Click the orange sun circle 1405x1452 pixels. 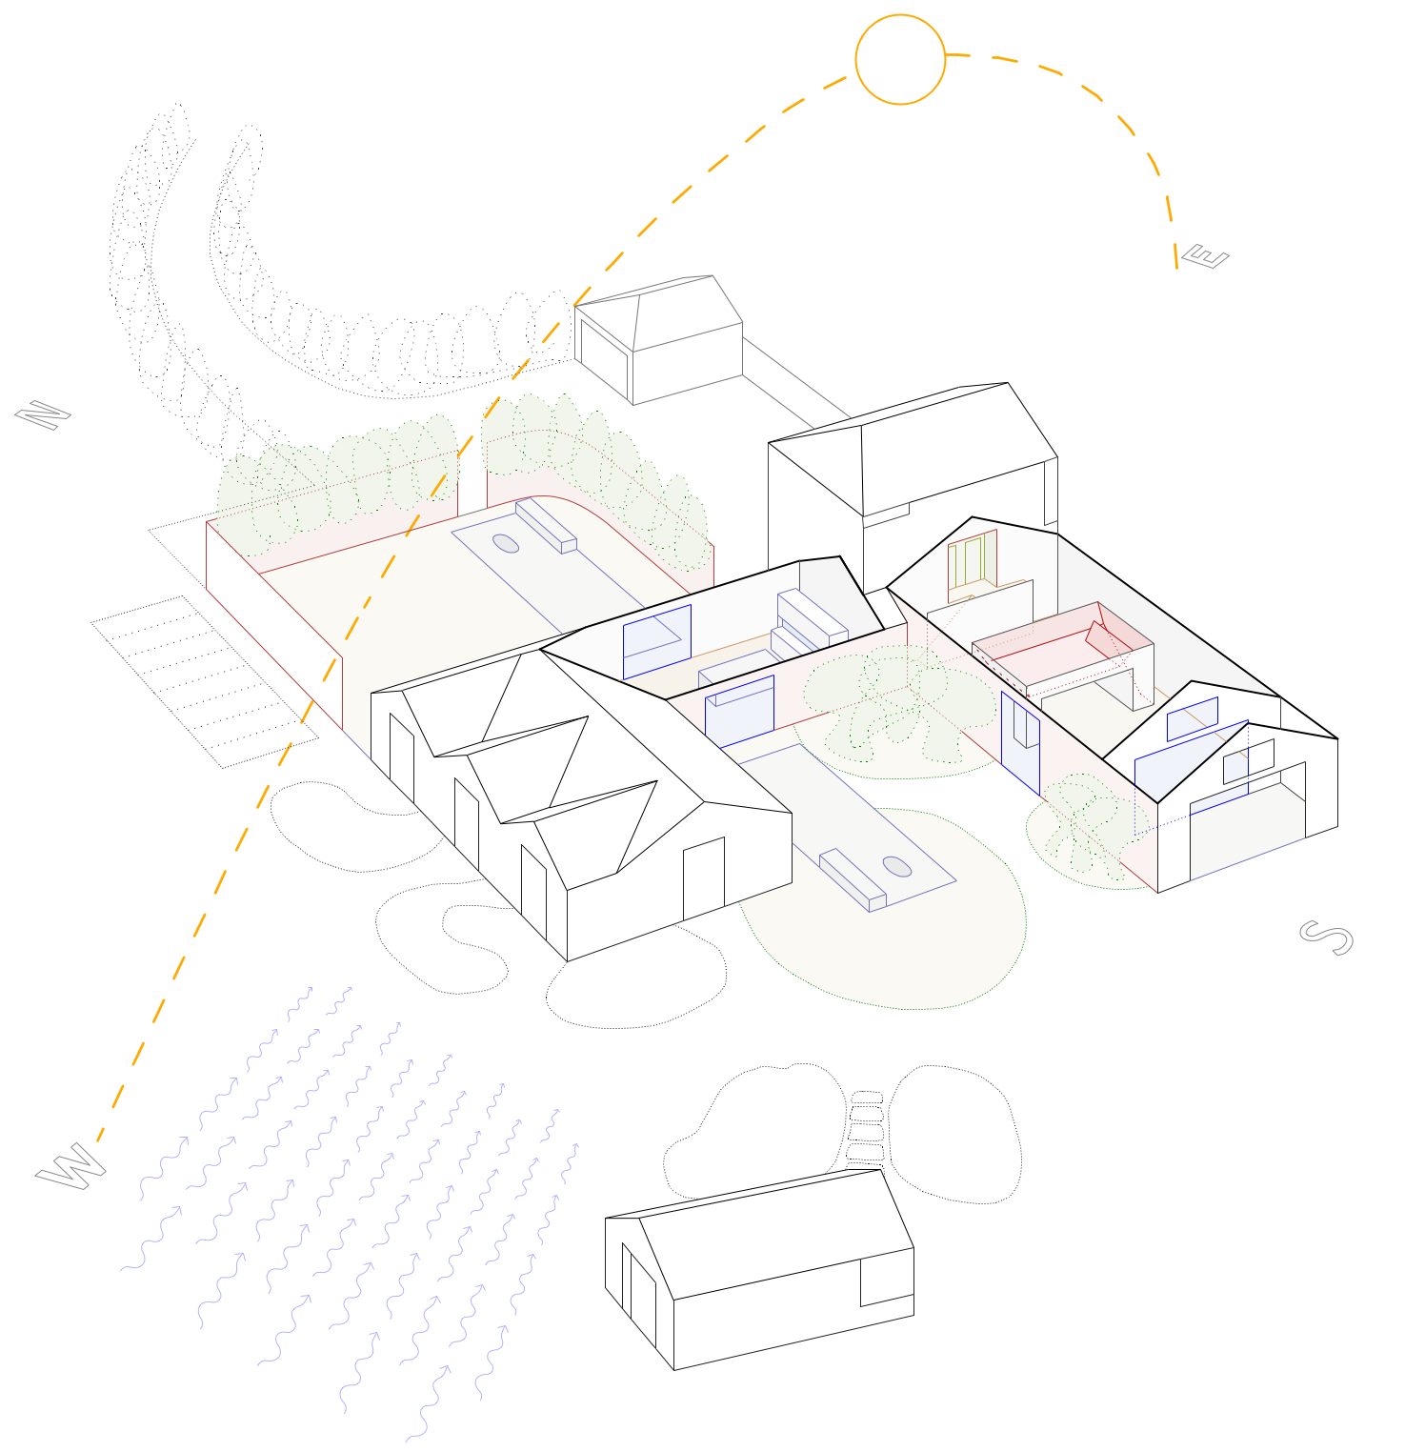[900, 15]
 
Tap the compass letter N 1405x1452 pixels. [43, 415]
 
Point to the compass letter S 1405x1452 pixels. [1326, 938]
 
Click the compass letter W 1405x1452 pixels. [70, 1166]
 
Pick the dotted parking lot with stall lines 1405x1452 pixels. [205, 680]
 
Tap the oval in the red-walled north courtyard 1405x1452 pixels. [506, 543]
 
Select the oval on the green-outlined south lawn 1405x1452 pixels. [896, 866]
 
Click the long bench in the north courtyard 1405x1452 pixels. [546, 526]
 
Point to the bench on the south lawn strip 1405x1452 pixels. [853, 879]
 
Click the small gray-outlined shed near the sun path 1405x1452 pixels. [658, 339]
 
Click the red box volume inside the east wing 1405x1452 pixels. [1063, 648]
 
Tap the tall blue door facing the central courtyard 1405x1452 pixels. [1020, 743]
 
